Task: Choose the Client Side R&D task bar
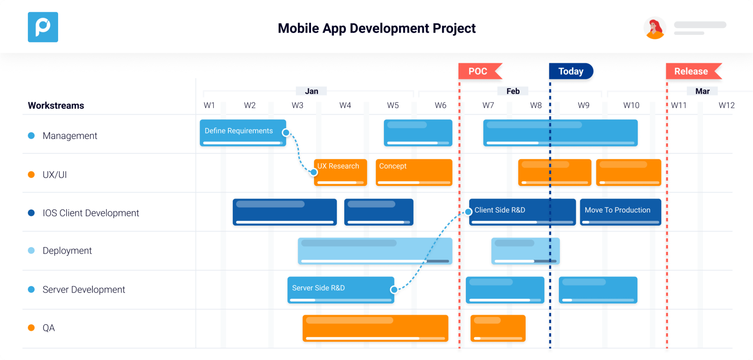522,212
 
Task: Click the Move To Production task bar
620,212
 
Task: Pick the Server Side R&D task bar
340,290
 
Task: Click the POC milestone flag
478,71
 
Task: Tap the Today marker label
571,71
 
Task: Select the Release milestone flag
691,71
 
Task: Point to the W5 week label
393,106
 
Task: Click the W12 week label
727,106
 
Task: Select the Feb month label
513,91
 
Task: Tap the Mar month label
702,91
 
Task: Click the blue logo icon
43,27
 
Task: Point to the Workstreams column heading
56,106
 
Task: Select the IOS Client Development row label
90,213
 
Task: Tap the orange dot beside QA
31,328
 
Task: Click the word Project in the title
454,28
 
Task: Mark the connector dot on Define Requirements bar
286,133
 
